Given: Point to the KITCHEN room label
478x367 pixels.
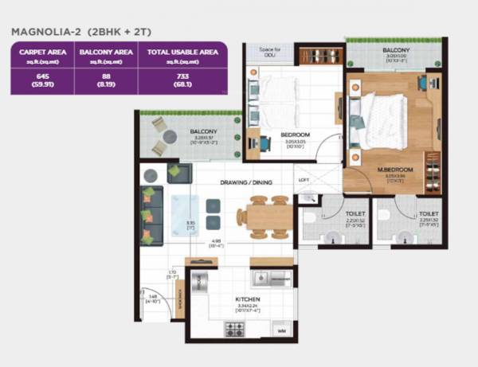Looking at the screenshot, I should coord(249,299).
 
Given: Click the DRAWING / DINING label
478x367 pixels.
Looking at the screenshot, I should coord(246,182).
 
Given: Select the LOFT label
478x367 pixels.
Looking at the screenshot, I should coord(304,180).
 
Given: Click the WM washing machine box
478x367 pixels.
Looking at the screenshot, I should coord(280,329).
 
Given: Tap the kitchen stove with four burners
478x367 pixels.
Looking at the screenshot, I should coord(235,327).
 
